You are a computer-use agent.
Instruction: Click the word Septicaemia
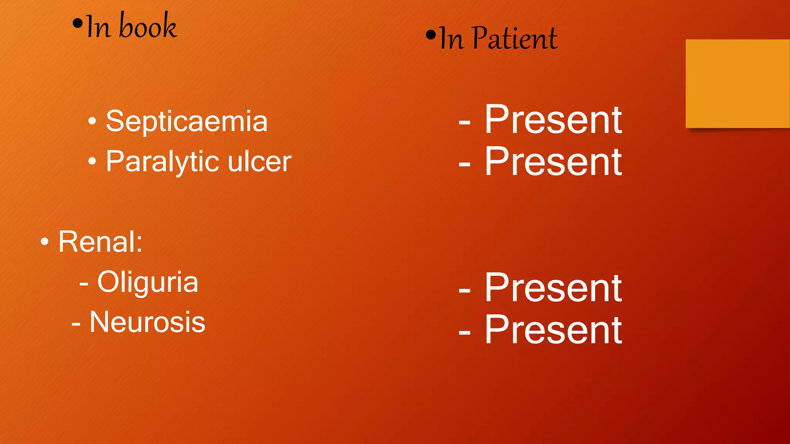(187, 121)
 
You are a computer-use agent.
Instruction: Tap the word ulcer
(259, 161)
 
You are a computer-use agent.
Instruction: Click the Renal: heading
(100, 242)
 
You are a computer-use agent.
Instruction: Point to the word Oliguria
(148, 282)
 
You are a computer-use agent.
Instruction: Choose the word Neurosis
(147, 322)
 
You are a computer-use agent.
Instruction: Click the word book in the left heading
(148, 26)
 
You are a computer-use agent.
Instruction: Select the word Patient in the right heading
(515, 39)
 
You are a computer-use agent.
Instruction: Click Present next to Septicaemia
(553, 120)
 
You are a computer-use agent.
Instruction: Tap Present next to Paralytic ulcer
(553, 162)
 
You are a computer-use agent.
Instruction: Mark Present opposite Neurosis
(553, 330)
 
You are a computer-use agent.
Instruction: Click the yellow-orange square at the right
(738, 84)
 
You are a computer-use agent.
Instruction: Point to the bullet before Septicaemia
(92, 121)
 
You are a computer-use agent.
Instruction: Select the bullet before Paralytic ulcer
(92, 161)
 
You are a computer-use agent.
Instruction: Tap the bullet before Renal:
(45, 242)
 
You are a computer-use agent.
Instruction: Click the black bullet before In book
(78, 24)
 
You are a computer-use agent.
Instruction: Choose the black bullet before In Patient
(430, 35)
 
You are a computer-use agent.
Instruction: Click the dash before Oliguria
(84, 284)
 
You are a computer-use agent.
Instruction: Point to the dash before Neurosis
(76, 324)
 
